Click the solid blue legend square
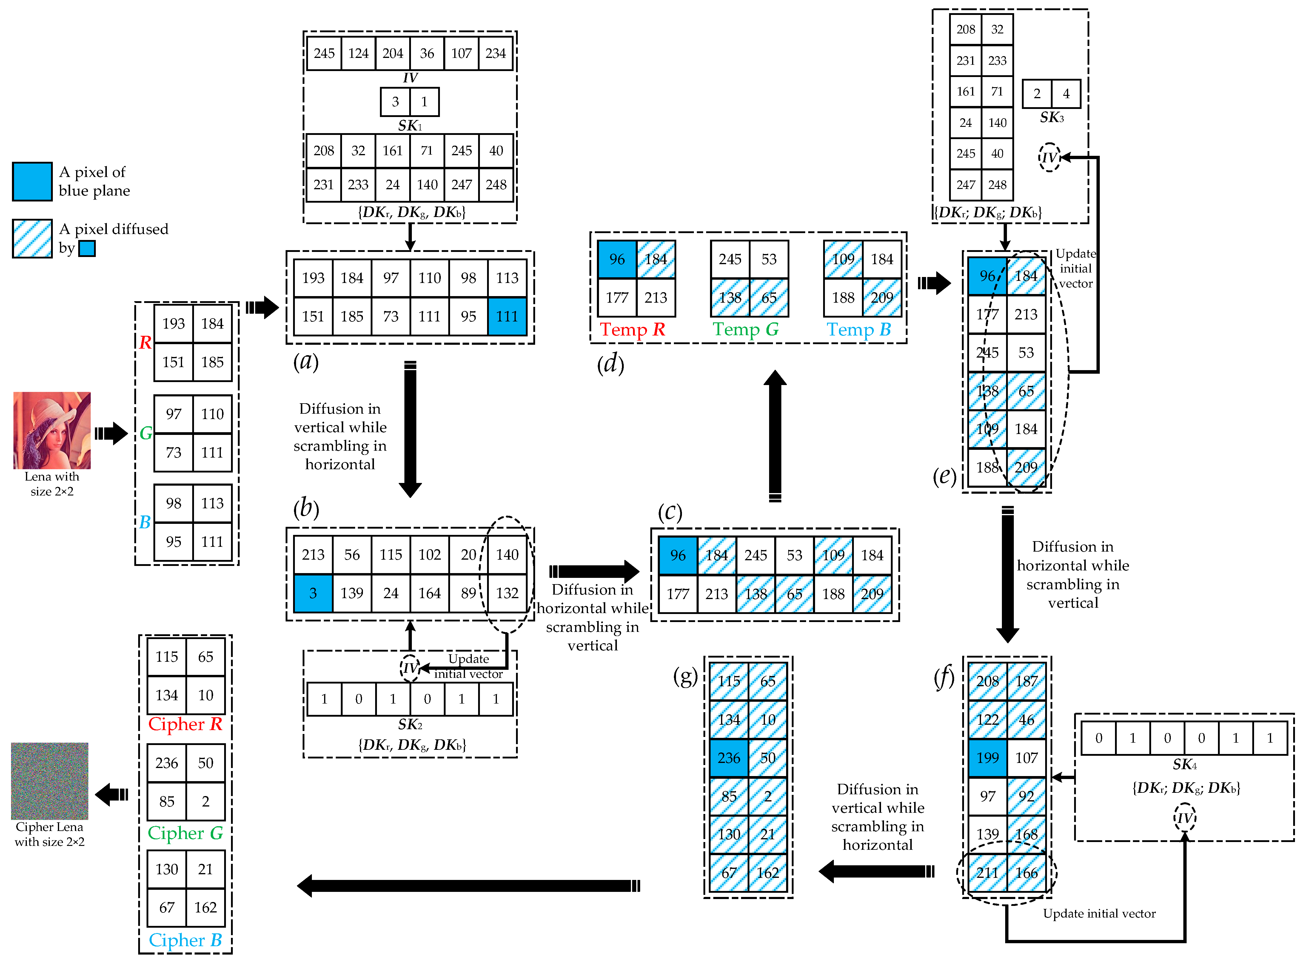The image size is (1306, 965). [32, 182]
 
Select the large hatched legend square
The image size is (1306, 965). [32, 238]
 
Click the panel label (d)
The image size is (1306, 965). [610, 364]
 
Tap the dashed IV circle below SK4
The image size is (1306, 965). [1185, 818]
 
